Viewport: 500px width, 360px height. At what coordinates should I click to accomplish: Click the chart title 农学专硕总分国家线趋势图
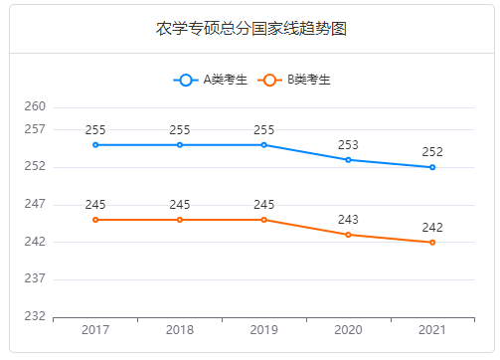tap(251, 28)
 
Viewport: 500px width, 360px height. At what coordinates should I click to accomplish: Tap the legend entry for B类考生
tap(293, 81)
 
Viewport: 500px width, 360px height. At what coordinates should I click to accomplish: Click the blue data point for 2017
tap(95, 145)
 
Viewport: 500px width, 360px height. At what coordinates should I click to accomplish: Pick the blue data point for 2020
tap(348, 160)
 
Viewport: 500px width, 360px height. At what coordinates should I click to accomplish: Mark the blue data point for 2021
tap(432, 167)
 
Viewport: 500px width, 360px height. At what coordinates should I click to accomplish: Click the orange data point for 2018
tap(180, 220)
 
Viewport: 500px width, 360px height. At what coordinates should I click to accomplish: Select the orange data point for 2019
tap(264, 220)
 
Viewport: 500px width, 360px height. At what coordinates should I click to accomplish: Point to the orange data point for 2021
tap(432, 243)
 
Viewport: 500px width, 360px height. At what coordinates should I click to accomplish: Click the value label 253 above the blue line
tap(348, 144)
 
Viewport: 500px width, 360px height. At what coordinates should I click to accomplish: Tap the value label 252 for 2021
tap(432, 151)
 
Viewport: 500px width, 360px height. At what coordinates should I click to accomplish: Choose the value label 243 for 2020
tap(348, 219)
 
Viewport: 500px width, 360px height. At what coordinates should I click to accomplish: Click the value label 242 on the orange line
tap(432, 227)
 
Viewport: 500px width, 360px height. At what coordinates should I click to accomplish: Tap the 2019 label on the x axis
tap(264, 330)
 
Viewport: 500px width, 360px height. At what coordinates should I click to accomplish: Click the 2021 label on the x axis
tap(432, 330)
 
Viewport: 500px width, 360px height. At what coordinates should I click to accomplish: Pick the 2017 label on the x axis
tap(95, 330)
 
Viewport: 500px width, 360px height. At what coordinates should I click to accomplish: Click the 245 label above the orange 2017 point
tap(95, 204)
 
